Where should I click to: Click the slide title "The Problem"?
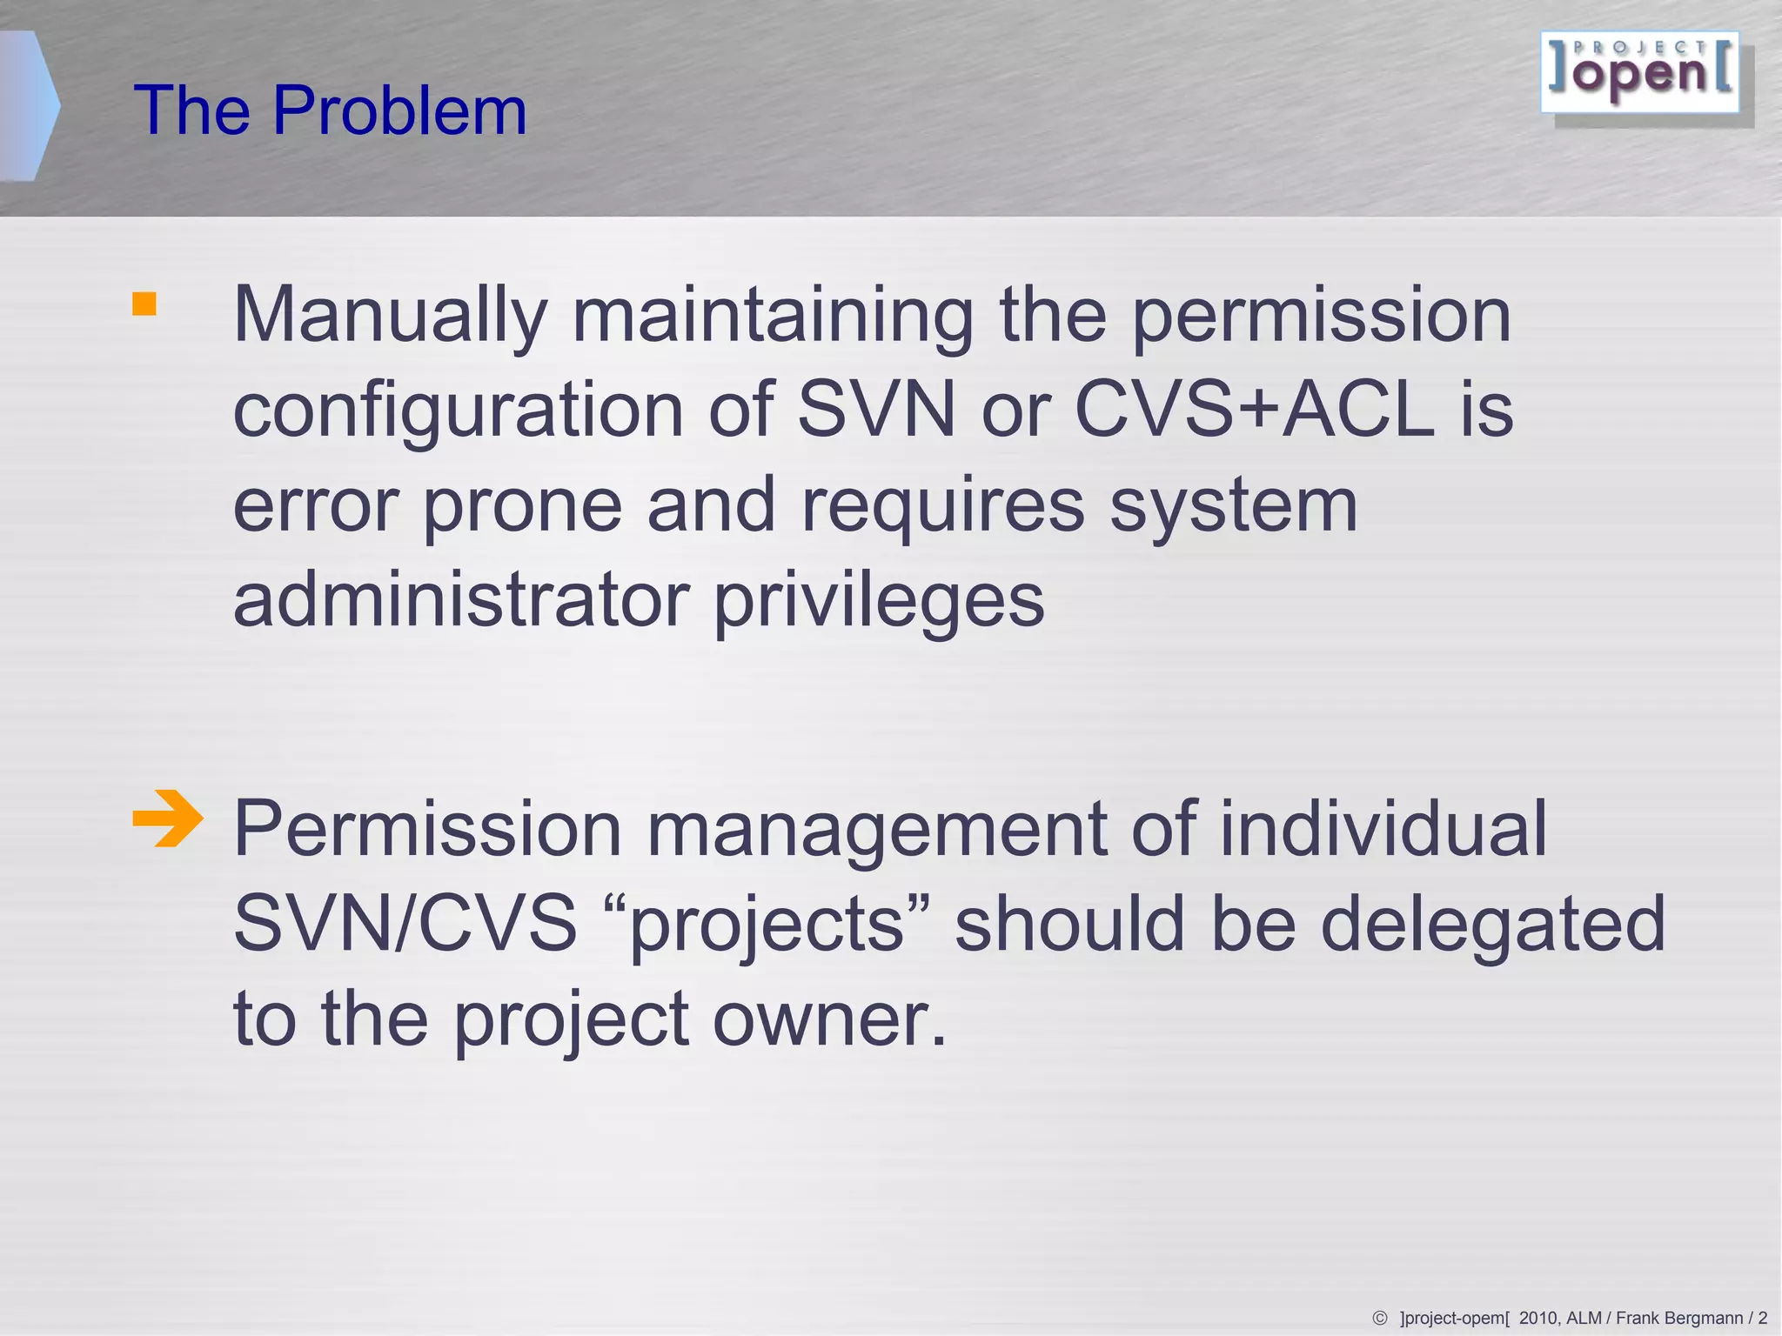coord(330,110)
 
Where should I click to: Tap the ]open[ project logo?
coord(1640,73)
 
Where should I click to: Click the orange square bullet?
coord(144,304)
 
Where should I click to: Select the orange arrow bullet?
coord(167,818)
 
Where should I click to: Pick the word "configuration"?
coord(459,410)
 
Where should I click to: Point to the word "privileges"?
coord(879,601)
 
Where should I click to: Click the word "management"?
coord(876,830)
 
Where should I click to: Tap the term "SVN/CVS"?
coord(405,923)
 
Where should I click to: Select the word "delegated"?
coord(1492,925)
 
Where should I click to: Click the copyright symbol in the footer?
coord(1380,1319)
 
